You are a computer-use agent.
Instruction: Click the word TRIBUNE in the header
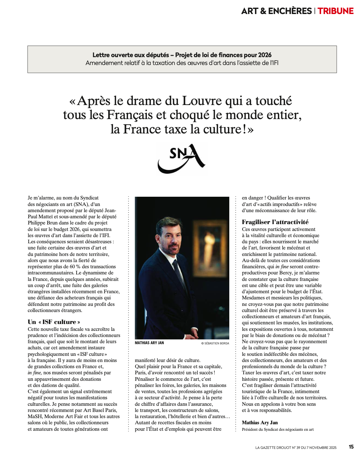tap(335, 11)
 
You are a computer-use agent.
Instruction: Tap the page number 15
tap(351, 447)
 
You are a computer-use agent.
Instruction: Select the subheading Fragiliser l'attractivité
tap(275, 222)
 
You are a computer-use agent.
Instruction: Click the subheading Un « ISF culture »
tap(54, 322)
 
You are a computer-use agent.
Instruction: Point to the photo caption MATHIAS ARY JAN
tap(149, 343)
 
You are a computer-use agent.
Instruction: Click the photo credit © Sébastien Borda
tap(215, 343)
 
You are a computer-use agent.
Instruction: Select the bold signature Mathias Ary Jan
tap(260, 423)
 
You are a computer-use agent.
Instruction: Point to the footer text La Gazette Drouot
tap(296, 448)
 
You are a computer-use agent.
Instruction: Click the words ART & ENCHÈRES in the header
tap(277, 11)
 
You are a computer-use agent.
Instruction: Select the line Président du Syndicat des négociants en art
tap(278, 429)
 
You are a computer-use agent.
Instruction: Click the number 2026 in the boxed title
tap(265, 55)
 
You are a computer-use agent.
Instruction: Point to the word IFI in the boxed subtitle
tap(274, 63)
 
